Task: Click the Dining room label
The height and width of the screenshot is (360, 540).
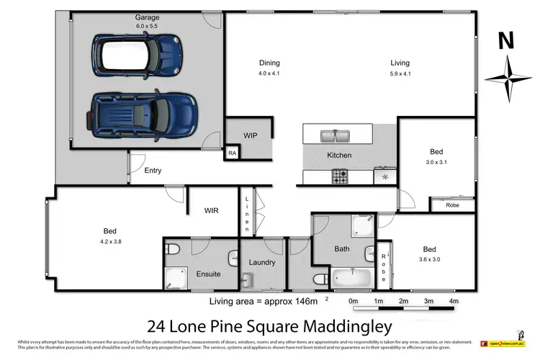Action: [269, 63]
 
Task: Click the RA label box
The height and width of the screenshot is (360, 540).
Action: [232, 153]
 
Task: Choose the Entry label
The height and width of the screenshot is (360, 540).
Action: [153, 171]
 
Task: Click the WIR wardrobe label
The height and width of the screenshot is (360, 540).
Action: [212, 210]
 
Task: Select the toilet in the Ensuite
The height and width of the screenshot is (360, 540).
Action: [172, 250]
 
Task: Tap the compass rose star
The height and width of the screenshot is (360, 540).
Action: [508, 78]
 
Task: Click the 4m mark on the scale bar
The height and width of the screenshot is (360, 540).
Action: [453, 300]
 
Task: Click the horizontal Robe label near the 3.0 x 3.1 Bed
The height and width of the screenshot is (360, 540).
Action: [452, 205]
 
